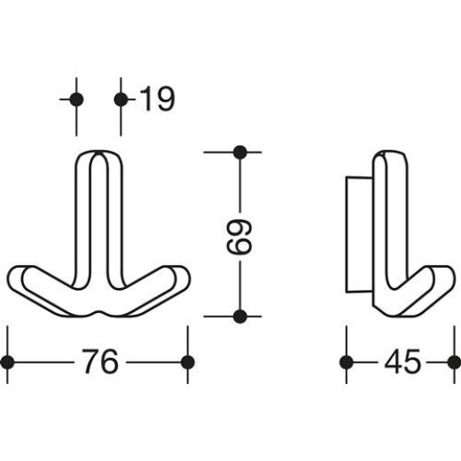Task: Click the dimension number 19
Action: pyautogui.click(x=157, y=99)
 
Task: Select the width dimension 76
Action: pyautogui.click(x=99, y=362)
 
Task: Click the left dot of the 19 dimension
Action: pyautogui.click(x=76, y=99)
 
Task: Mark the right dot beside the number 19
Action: pyautogui.click(x=121, y=99)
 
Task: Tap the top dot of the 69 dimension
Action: pyautogui.click(x=238, y=152)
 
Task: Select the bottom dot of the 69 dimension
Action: pyautogui.click(x=238, y=316)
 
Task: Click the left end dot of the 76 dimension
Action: pyautogui.click(x=8, y=362)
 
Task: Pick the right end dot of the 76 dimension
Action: pyautogui.click(x=187, y=362)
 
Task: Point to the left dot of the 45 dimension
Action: pyautogui.click(x=347, y=362)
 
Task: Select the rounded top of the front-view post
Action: pyautogui.click(x=98, y=157)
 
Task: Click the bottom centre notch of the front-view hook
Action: pyautogui.click(x=99, y=313)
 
